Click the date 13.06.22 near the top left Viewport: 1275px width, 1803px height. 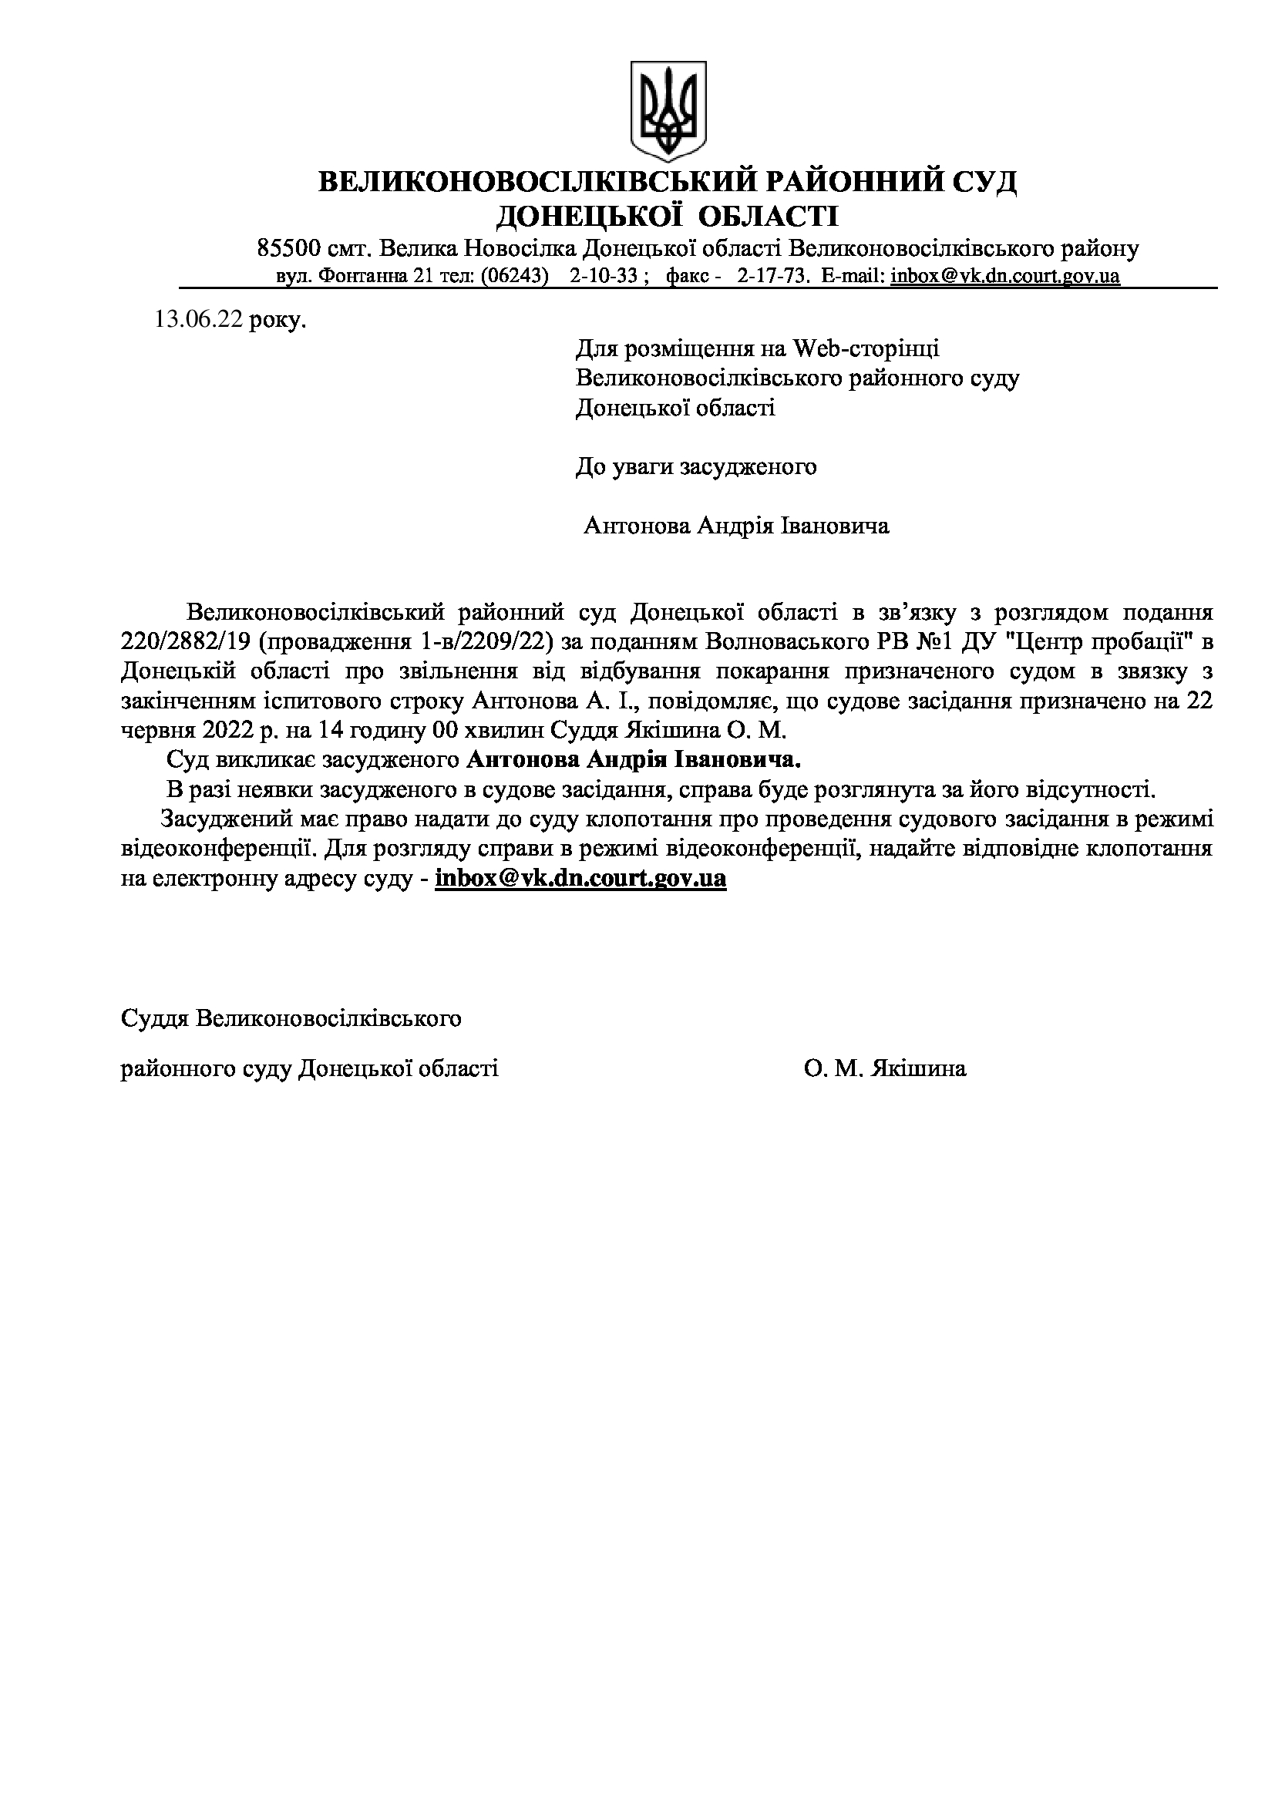200,321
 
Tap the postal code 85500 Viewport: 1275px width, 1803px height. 289,249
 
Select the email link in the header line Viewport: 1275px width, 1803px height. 1005,277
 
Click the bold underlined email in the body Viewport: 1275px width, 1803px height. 580,878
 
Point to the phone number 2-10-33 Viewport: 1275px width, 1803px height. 603,277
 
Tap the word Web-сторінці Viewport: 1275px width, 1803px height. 866,348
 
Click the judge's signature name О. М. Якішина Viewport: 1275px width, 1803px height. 885,1068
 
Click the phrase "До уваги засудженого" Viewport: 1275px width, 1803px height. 696,467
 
